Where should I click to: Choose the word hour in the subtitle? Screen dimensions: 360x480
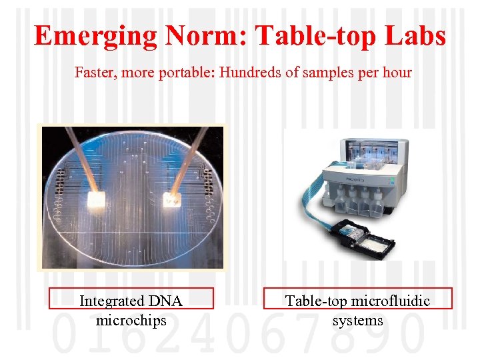pyautogui.click(x=397, y=72)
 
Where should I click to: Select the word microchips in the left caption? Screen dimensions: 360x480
pyautogui.click(x=131, y=320)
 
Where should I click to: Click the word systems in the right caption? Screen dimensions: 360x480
pyautogui.click(x=358, y=320)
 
